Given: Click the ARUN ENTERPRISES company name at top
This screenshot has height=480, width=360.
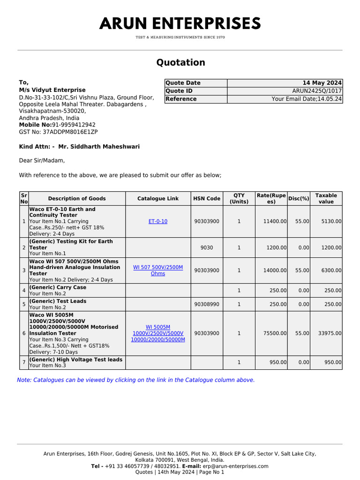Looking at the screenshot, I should click(180, 24).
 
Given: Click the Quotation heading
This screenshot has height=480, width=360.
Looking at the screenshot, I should click(180, 63).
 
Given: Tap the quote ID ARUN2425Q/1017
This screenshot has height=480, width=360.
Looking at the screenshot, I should click(317, 91).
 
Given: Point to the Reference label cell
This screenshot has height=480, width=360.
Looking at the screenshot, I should click(181, 99).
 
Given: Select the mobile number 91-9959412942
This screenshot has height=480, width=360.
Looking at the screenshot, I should click(70, 125).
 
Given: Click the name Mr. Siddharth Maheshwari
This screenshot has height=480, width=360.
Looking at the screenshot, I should click(99, 147).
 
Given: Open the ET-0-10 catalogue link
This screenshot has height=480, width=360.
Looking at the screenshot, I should click(157, 221).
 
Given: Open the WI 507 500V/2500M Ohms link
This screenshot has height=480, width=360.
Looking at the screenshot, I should click(158, 270).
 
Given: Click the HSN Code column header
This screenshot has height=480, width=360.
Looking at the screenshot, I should click(207, 199).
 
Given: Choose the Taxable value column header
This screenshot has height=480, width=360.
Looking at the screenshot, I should click(326, 198).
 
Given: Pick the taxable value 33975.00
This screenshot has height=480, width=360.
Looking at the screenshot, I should click(330, 333).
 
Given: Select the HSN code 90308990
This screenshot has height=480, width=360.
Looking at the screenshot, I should click(207, 304).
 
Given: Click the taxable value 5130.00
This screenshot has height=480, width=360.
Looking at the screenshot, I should click(331, 221).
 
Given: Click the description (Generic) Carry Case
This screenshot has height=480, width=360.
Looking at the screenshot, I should click(58, 287).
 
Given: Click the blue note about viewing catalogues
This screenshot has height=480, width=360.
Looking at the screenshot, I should click(136, 380).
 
